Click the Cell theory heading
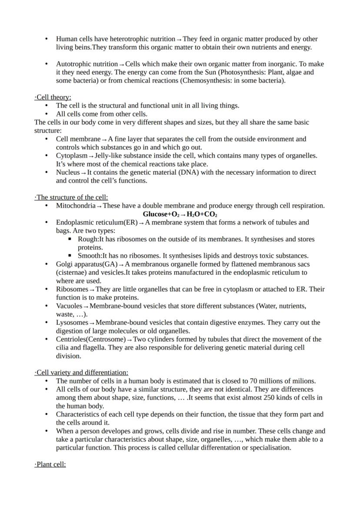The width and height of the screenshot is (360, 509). click(x=53, y=97)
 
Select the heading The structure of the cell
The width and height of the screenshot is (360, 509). click(x=71, y=197)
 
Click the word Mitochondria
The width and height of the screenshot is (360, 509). click(x=75, y=206)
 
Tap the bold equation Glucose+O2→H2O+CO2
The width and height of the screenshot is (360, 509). click(x=180, y=214)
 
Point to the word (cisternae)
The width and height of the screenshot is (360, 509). click(x=72, y=273)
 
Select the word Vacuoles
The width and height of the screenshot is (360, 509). click(x=69, y=306)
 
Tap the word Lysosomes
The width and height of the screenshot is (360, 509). click(x=72, y=323)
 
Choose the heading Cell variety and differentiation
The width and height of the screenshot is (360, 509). click(x=81, y=373)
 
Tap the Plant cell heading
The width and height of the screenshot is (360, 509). click(x=50, y=464)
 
